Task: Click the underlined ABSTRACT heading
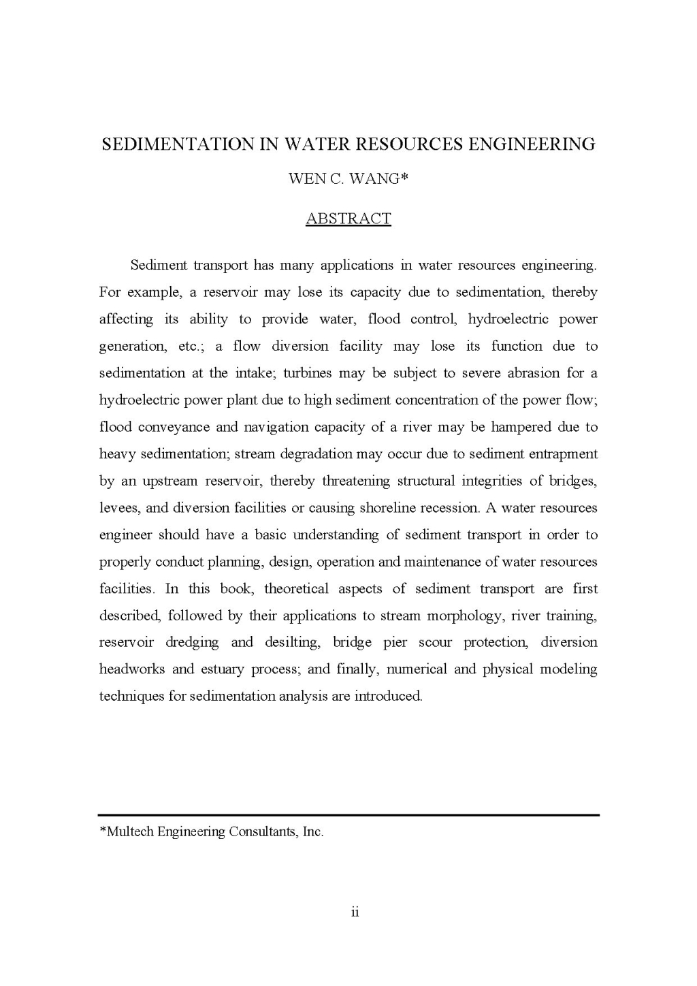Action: [x=348, y=219]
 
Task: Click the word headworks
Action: [x=132, y=669]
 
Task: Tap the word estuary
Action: [x=222, y=669]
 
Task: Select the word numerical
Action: [x=416, y=669]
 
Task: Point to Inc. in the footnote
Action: [x=313, y=831]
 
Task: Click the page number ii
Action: [x=355, y=912]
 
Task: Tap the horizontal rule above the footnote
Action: [x=348, y=814]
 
